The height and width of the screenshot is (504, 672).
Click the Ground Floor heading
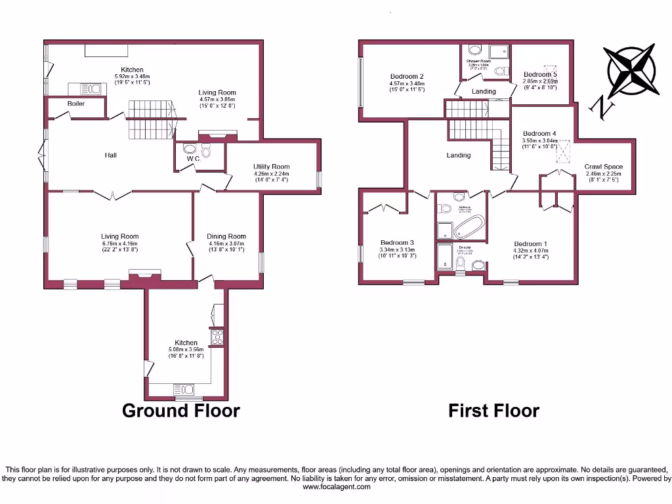(181, 411)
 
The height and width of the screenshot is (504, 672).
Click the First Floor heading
(493, 411)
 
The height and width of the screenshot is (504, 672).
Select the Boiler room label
(76, 104)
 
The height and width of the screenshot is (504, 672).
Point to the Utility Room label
(271, 167)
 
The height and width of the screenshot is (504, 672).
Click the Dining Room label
(226, 236)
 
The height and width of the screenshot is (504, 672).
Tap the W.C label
(192, 158)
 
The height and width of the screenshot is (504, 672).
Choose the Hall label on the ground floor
(111, 156)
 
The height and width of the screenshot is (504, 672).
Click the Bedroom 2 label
(407, 76)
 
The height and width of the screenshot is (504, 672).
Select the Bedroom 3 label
(397, 242)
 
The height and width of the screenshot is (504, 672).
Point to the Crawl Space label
(603, 167)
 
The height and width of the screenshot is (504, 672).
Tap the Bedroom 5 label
(539, 75)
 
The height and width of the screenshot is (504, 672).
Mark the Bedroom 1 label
(530, 243)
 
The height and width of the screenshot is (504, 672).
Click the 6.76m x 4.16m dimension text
(120, 243)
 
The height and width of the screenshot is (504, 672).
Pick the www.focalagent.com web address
(336, 486)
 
